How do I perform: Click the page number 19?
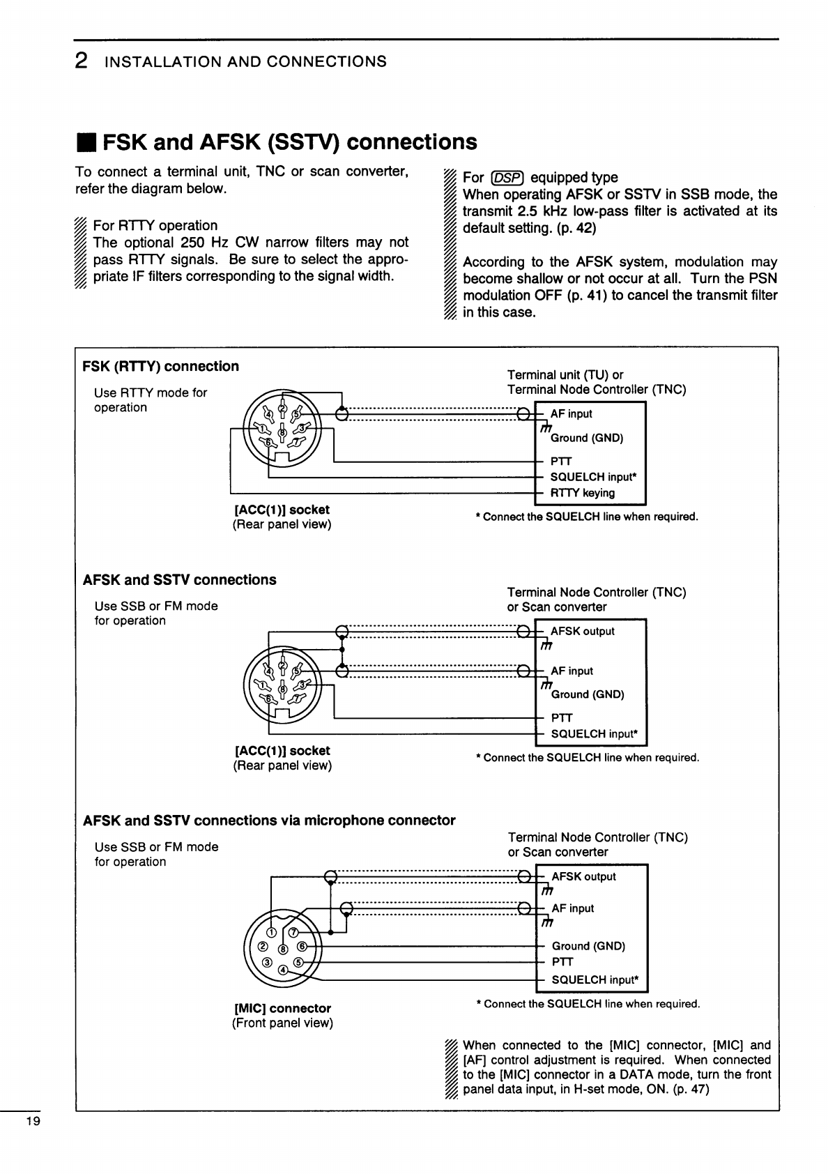tap(33, 1122)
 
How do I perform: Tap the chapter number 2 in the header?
tap(82, 61)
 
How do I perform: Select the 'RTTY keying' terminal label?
tap(583, 494)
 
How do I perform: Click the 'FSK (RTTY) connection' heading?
tap(160, 367)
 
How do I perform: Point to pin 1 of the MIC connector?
tap(272, 933)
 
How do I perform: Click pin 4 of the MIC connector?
tap(283, 970)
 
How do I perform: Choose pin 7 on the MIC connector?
tap(293, 933)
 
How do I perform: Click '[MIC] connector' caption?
tap(282, 1008)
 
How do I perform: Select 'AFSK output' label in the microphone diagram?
tap(583, 877)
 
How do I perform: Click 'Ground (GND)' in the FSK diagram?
tap(587, 439)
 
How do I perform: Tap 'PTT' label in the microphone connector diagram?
tap(562, 962)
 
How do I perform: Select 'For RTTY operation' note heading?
tap(155, 226)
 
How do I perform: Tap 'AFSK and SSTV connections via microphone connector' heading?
tap(269, 821)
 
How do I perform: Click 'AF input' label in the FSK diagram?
tap(571, 414)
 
